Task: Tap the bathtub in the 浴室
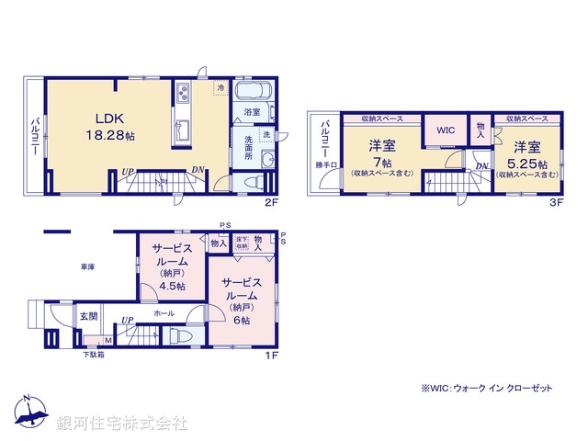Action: point(251,92)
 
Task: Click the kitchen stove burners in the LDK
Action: point(182,94)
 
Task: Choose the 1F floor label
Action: point(272,356)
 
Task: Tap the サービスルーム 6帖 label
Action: point(241,300)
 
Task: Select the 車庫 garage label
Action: point(87,266)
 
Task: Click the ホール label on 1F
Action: point(164,313)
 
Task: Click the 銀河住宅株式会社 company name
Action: point(122,424)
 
